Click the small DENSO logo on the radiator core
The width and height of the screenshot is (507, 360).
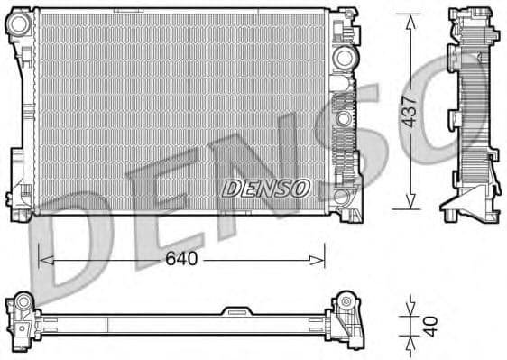click(265, 187)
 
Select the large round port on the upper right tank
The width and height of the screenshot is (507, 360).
click(343, 57)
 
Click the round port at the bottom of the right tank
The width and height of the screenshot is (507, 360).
click(341, 195)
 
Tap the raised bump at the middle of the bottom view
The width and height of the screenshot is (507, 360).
click(236, 311)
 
